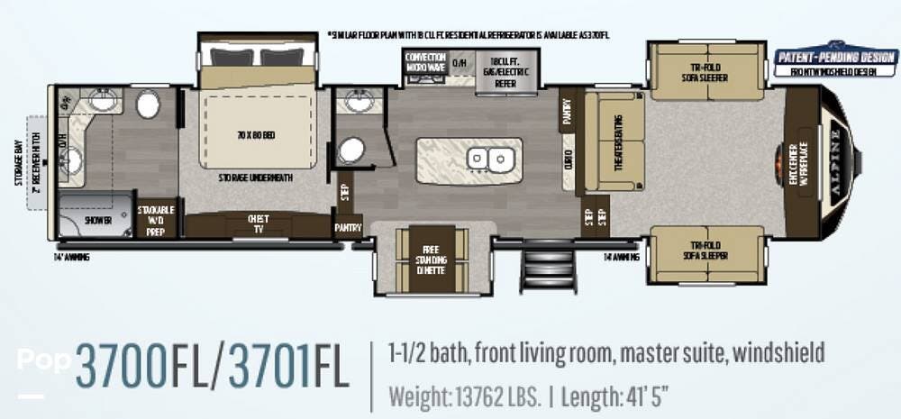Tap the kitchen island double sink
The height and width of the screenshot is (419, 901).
[490, 159]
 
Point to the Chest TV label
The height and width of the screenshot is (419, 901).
[259, 223]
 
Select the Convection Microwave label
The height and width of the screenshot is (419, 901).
[425, 62]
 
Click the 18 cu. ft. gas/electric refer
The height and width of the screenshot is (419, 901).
[505, 73]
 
